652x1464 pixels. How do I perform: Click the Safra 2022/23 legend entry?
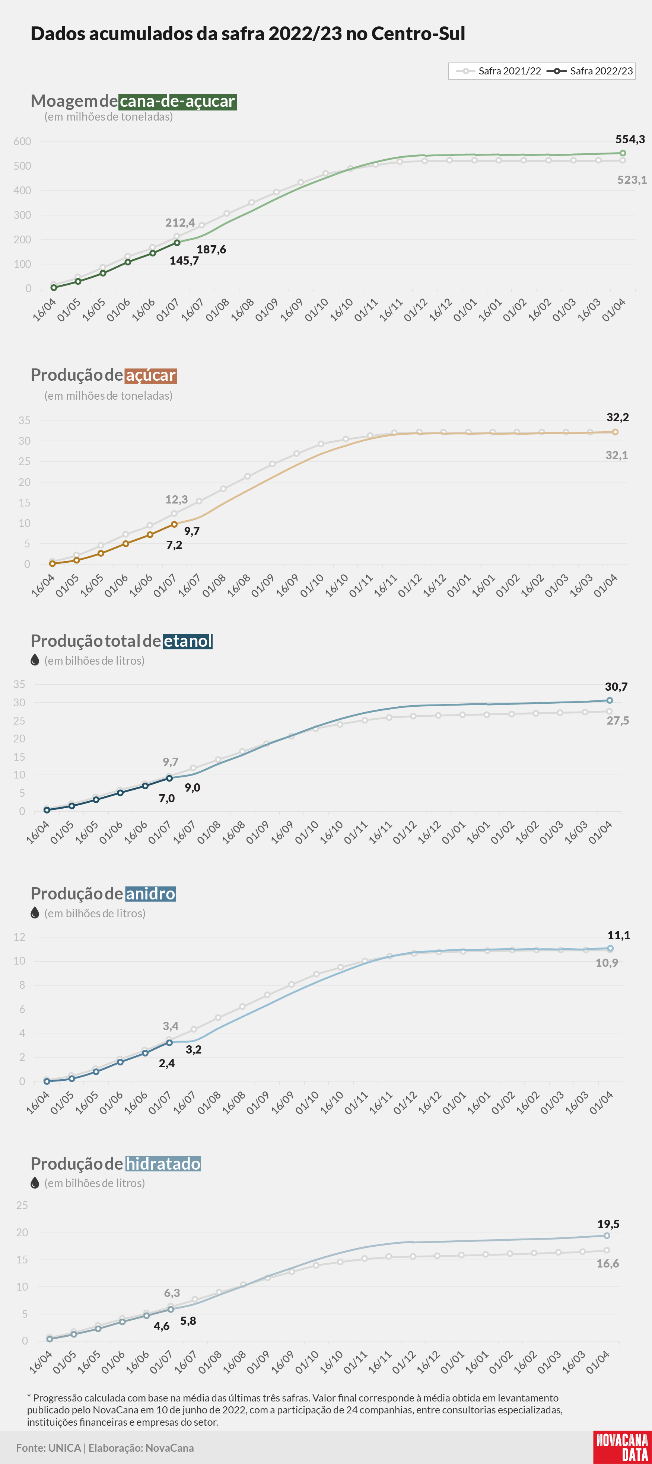(x=589, y=71)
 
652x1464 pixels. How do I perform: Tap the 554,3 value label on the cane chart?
(x=630, y=139)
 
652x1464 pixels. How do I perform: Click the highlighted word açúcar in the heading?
(x=151, y=375)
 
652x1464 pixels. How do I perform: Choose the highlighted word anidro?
(x=150, y=894)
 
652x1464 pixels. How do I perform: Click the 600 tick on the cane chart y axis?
(x=22, y=141)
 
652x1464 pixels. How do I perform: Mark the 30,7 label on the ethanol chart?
(x=616, y=687)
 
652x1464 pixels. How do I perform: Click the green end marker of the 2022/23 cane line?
(x=623, y=153)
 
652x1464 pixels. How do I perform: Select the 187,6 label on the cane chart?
(x=211, y=249)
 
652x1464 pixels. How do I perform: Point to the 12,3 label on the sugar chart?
(x=176, y=499)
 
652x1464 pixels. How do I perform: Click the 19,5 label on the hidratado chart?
(x=608, y=1224)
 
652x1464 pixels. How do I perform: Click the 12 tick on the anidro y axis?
(x=19, y=937)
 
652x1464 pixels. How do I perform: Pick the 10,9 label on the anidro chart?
(x=607, y=963)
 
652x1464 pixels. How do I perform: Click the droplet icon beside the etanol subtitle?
(x=35, y=660)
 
